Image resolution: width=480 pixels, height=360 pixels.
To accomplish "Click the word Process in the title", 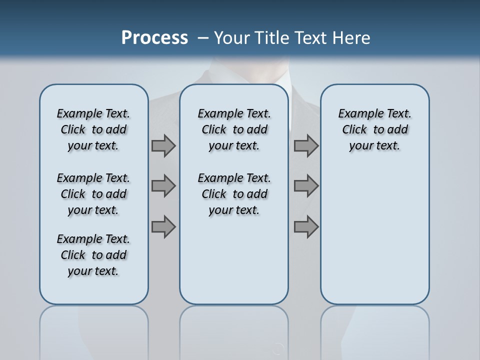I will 154,37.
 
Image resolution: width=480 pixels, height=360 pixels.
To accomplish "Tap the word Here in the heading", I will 350,38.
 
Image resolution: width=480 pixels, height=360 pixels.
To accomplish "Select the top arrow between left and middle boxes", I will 163,145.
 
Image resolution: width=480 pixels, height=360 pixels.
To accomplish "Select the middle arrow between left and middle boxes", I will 163,186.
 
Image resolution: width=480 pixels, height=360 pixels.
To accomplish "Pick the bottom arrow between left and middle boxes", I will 163,226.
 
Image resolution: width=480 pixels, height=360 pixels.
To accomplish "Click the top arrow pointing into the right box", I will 306,145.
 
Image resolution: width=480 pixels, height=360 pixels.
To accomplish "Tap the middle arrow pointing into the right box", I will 306,186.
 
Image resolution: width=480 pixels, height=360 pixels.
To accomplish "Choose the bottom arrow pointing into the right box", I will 306,226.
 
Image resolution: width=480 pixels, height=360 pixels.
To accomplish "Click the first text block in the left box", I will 93,129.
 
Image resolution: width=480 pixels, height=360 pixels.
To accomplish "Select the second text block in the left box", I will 93,194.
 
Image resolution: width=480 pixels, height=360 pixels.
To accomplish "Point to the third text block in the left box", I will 93,255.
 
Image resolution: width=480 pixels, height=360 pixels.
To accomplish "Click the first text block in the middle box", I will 234,129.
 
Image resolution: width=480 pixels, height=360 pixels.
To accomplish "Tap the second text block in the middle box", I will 234,194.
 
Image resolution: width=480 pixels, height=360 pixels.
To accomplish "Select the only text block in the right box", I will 374,129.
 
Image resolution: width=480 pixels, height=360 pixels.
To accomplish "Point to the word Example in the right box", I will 356,114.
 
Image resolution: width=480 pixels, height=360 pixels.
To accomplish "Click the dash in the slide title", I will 203,38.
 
